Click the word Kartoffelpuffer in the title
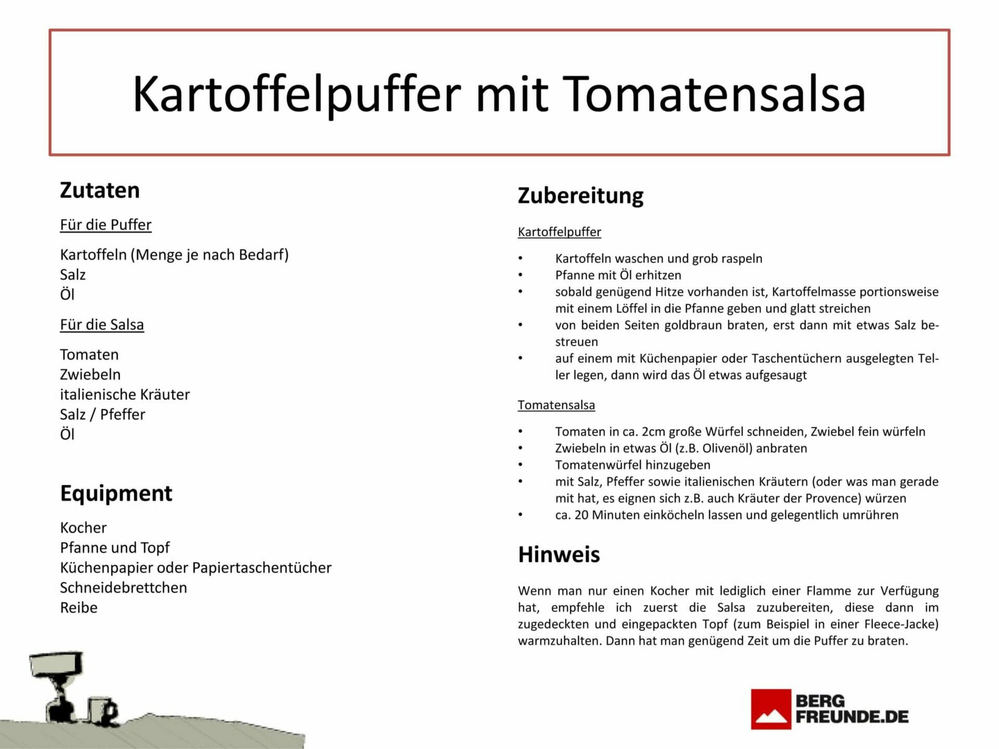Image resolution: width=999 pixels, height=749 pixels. tap(297, 95)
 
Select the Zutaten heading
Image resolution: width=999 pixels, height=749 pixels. tap(100, 190)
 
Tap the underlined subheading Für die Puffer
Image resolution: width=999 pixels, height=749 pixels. tap(106, 225)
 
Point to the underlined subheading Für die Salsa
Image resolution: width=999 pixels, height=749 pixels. tap(102, 325)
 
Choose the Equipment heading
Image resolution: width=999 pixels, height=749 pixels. tap(116, 494)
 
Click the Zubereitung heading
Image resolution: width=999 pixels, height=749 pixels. tap(581, 196)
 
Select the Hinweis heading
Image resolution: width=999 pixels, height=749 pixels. tap(559, 554)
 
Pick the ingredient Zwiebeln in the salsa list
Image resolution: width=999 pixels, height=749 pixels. tap(91, 374)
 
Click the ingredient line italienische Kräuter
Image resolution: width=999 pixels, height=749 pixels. tap(125, 394)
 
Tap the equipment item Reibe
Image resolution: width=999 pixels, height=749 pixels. tap(79, 608)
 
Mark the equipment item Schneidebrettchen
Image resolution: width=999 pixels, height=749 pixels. tap(124, 588)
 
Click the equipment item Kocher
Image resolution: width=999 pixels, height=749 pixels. tap(83, 528)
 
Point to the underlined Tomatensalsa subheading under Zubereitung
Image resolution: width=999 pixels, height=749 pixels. tap(556, 405)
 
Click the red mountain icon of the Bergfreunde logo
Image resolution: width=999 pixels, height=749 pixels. tap(771, 709)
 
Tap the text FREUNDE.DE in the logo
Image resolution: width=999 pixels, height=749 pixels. tap(852, 717)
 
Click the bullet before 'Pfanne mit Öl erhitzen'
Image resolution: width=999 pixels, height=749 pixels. tap(520, 275)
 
